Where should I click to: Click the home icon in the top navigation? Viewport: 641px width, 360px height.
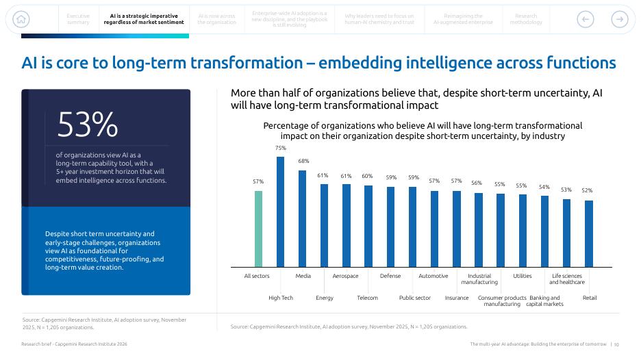click(22, 19)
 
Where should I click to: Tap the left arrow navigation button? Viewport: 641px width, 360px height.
click(585, 19)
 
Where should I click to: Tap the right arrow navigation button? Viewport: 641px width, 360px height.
click(619, 19)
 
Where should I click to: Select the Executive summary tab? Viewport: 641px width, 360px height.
click(78, 19)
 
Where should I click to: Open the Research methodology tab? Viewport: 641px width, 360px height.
click(526, 19)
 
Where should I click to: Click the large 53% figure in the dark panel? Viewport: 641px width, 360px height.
click(87, 125)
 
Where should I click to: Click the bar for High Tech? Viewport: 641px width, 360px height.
click(280, 211)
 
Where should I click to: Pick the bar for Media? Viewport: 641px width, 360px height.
click(302, 218)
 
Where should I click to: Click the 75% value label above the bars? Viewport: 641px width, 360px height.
click(280, 148)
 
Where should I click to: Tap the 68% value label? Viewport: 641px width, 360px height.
click(303, 161)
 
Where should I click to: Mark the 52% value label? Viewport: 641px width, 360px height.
click(587, 190)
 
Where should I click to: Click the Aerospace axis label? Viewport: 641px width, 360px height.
click(345, 276)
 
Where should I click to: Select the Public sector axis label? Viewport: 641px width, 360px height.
click(415, 298)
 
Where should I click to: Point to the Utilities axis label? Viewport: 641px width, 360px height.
click(523, 276)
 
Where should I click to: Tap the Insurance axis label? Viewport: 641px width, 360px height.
click(457, 298)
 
